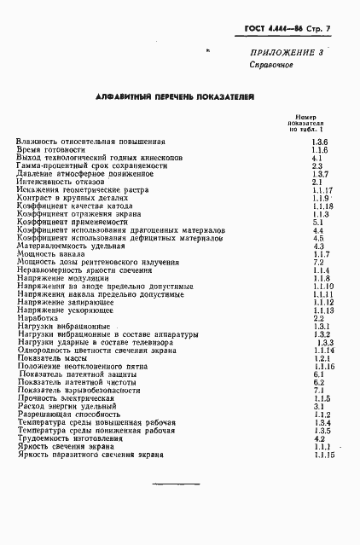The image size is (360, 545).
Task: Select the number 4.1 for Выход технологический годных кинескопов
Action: coord(316,158)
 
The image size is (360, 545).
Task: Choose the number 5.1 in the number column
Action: coord(316,223)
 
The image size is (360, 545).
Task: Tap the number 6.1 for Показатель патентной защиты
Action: coord(317,374)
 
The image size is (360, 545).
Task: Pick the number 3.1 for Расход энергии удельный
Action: coord(317,407)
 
